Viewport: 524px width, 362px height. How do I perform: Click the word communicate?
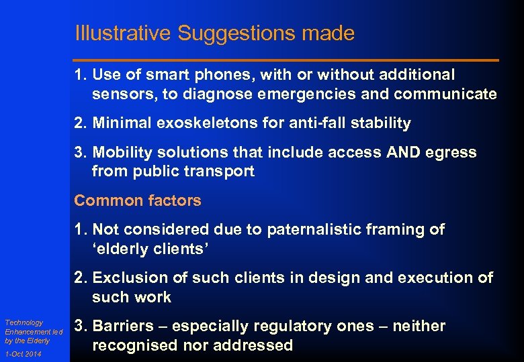[445, 95]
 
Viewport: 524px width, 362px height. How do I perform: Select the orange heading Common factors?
[137, 200]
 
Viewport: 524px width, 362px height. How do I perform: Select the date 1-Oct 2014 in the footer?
[22, 355]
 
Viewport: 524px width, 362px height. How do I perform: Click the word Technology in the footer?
[24, 322]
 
